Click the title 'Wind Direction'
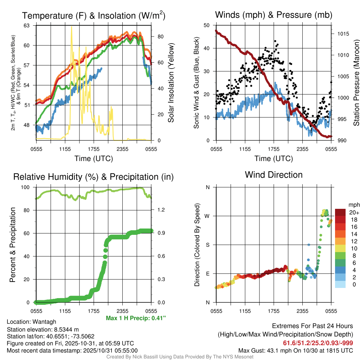click(x=274, y=175)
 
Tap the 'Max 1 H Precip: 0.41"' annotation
click(x=136, y=318)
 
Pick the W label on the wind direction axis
click(x=207, y=216)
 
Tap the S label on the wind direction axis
click(x=207, y=245)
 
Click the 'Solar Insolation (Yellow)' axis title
click(x=171, y=83)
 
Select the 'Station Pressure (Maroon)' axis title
click(x=356, y=83)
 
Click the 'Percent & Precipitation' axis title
click(x=13, y=245)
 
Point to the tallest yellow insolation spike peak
click(x=72, y=27)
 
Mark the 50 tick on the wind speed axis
click(x=207, y=25)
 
